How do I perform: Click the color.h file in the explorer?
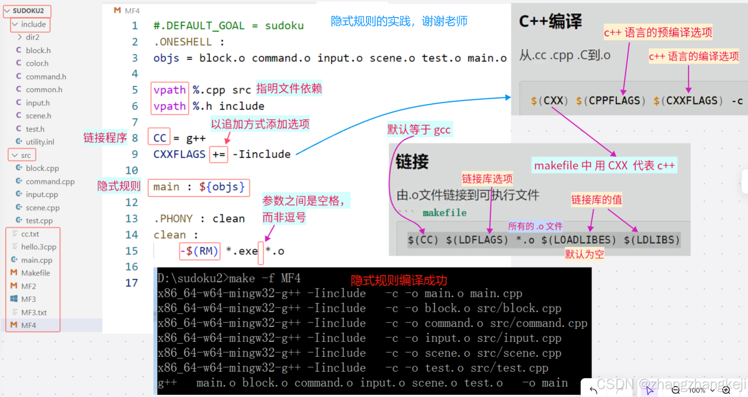pos(37,64)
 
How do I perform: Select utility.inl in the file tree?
pos(39,142)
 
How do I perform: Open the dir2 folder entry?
pos(32,37)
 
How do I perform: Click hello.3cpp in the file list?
pos(39,247)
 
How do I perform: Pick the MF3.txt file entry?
pos(34,312)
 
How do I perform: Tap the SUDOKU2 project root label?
pos(28,11)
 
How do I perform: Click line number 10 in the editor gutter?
pos(131,170)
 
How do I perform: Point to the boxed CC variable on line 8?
pos(160,138)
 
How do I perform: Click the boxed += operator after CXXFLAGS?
pos(219,155)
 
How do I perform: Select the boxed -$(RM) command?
pos(199,251)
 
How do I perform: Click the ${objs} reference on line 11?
pos(222,187)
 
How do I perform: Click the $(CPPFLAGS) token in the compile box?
pos(610,101)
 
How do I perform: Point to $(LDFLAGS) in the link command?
pos(477,240)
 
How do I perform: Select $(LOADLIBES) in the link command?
pos(578,240)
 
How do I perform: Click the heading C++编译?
pos(550,21)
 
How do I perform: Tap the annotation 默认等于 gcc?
pos(418,130)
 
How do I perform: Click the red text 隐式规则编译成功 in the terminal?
pos(399,280)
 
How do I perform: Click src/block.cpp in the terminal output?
pos(519,308)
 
